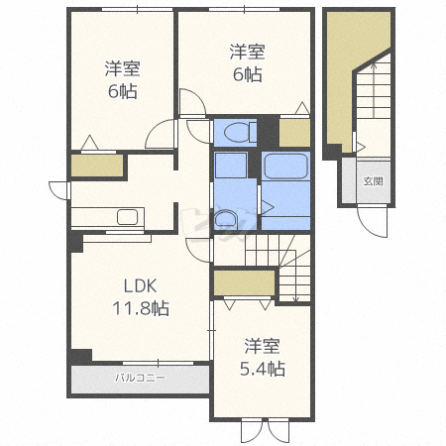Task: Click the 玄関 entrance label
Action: (x=373, y=181)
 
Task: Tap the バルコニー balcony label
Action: (x=140, y=378)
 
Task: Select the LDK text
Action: (x=140, y=286)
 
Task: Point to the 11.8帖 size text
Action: (x=141, y=308)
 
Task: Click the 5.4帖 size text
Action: (x=263, y=369)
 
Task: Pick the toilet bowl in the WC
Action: (x=237, y=132)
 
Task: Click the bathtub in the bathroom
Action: (x=286, y=167)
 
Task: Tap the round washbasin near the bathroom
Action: (x=225, y=221)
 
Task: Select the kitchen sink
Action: (x=127, y=217)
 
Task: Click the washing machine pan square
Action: (x=231, y=165)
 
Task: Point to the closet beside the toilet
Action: (x=294, y=132)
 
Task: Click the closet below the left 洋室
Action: (x=97, y=166)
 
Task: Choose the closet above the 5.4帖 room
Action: (x=244, y=282)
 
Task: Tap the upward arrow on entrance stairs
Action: (x=374, y=90)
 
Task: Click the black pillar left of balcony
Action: (x=80, y=356)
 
